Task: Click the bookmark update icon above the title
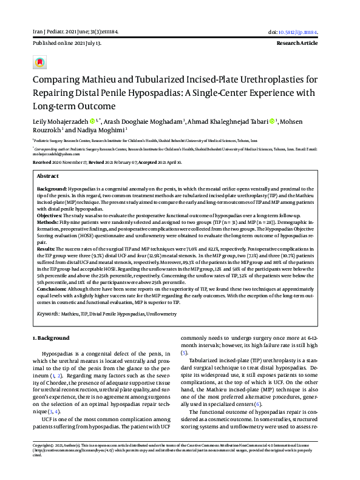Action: point(39,62)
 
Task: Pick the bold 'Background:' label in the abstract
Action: point(52,189)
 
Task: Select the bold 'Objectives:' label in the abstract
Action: point(50,215)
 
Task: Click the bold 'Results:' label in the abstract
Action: point(47,249)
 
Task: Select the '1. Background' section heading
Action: point(50,337)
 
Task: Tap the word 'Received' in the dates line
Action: point(42,163)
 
